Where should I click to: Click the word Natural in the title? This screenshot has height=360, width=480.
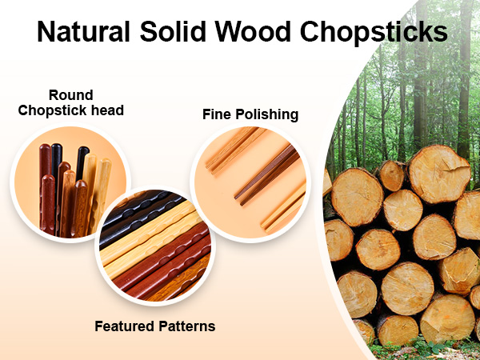pos(84,32)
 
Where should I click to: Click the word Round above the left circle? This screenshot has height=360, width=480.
pos(71,94)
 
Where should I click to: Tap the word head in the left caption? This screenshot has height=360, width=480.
pos(108,110)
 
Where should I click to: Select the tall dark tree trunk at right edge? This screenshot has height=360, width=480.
pos(464,88)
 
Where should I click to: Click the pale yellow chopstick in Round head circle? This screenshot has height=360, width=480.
pos(102,184)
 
